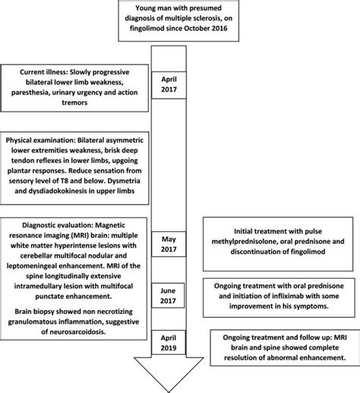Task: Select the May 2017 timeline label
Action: coord(179,244)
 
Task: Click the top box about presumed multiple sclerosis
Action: coord(179,24)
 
